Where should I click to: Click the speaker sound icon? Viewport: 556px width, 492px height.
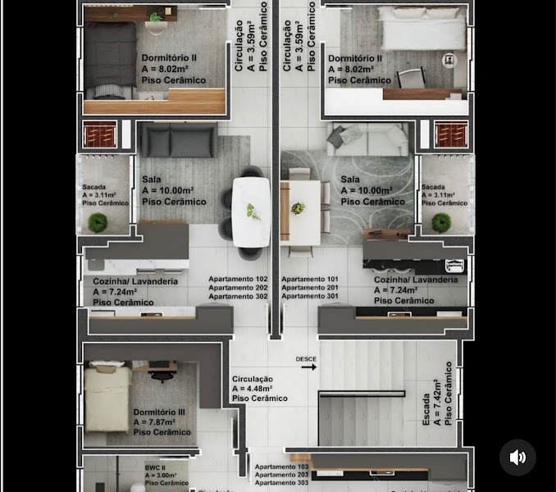coord(517,458)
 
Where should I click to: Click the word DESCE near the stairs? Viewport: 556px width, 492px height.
coord(306,359)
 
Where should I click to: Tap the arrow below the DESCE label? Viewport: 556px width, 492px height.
coord(308,367)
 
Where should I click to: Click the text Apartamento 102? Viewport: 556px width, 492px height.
coord(238,279)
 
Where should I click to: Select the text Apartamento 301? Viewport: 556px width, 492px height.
coord(310,296)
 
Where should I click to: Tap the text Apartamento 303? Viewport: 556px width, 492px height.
coord(282,483)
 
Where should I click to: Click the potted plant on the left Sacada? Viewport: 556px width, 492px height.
coord(98,222)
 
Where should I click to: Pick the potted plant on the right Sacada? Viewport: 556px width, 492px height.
coord(441,222)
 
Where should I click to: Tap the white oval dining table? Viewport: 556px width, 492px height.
coord(251,212)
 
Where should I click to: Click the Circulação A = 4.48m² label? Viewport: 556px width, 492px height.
coord(259,389)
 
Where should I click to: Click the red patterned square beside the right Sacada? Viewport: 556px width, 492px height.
coord(451,134)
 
